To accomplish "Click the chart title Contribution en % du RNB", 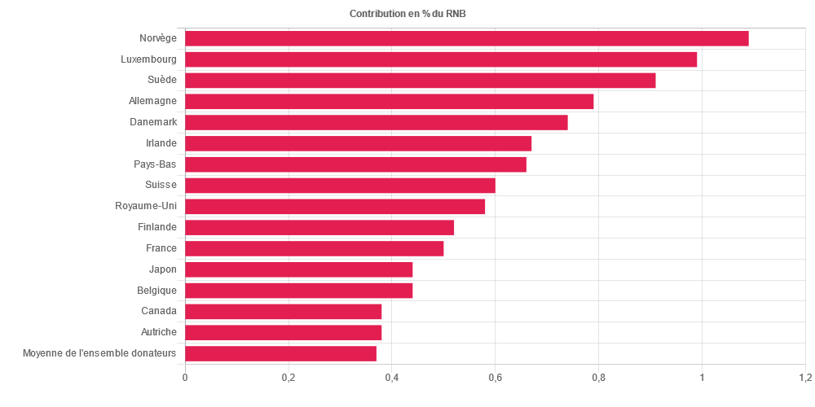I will click(407, 14).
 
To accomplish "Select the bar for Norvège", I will click(466, 39).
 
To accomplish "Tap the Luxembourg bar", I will click(441, 59).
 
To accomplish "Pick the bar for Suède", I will click(420, 81).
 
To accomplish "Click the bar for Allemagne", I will click(389, 102).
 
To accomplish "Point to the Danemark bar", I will click(376, 122).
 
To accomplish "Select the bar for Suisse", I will click(340, 186).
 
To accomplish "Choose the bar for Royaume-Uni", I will click(335, 207).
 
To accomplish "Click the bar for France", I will click(314, 248).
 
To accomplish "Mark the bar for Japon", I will click(298, 269).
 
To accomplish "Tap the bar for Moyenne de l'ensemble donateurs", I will click(280, 353).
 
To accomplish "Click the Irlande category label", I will click(161, 143).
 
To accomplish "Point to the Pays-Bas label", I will click(155, 164).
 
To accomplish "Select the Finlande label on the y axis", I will click(157, 227).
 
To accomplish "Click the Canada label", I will click(159, 311).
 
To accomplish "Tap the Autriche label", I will click(158, 332).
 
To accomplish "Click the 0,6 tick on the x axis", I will click(495, 378).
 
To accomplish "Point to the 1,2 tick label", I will click(804, 378).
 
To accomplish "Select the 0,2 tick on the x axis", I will click(288, 378).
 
